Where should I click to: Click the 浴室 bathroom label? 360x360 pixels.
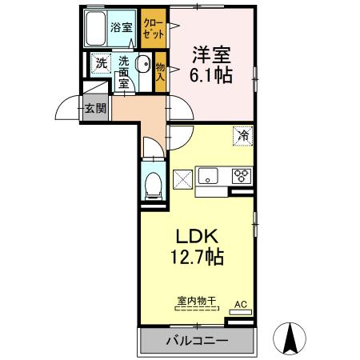122,27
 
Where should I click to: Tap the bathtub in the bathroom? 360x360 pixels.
96,29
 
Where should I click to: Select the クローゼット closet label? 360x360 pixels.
154,29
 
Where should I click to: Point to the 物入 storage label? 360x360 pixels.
161,72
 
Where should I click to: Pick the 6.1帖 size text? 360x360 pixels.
210,74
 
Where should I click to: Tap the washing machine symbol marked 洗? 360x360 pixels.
102,63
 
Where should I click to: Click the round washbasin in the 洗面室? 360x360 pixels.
144,64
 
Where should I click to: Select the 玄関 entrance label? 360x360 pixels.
95,108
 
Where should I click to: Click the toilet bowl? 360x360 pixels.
154,186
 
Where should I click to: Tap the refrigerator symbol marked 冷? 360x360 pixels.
243,136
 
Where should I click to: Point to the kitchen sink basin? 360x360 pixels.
208,176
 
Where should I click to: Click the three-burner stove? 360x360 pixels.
242,176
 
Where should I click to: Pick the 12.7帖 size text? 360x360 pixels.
197,257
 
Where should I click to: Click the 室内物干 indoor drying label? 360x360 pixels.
197,301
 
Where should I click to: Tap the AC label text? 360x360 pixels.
241,305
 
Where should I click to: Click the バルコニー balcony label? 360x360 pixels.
198,341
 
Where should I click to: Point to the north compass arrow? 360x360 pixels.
290,338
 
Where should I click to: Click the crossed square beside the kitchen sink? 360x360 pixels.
183,180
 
